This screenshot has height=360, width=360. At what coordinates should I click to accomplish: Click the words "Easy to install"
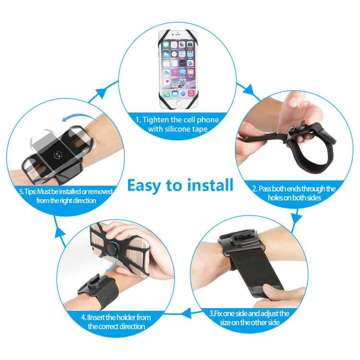[180, 185]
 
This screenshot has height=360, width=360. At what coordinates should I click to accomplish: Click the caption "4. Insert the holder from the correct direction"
[116, 322]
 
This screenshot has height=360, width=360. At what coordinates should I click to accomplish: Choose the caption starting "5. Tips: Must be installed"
[65, 196]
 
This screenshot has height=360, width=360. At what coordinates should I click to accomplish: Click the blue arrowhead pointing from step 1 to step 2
[249, 90]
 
